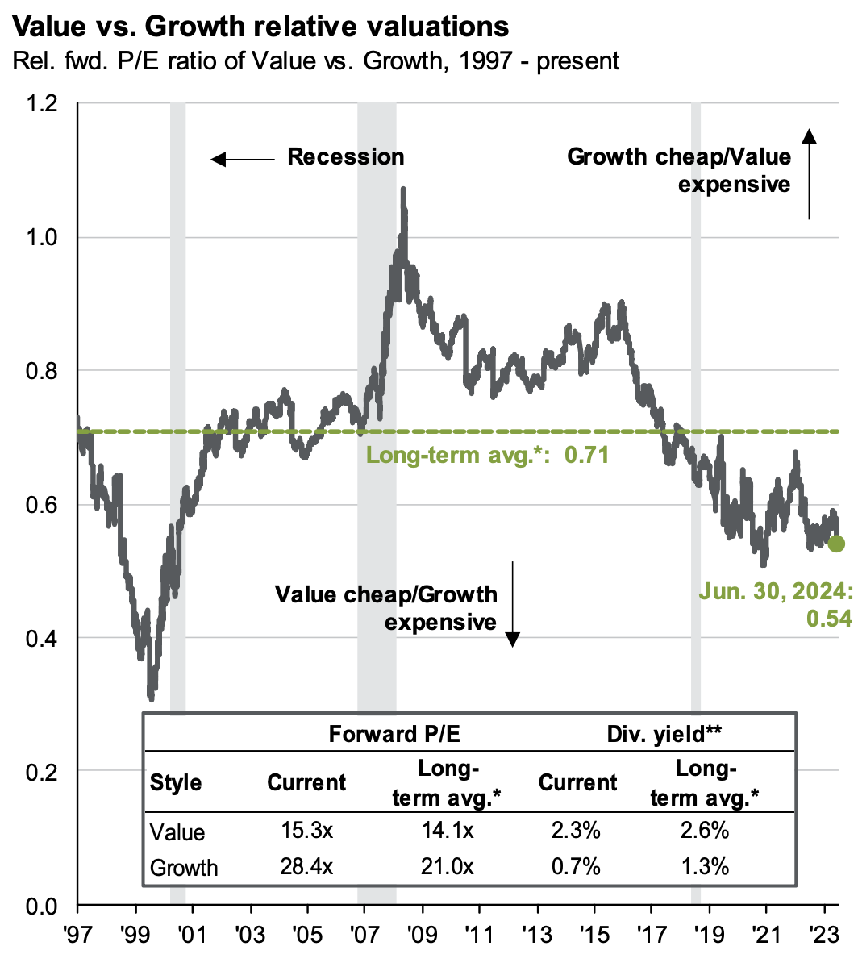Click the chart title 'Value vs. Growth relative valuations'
pos(262,26)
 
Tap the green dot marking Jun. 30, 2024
pos(836,544)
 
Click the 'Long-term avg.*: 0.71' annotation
pos(487,456)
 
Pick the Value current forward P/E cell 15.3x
pos(306,831)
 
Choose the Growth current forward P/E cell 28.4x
pos(306,867)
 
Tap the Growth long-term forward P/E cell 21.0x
pos(445,867)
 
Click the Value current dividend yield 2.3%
pos(577,831)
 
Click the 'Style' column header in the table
pos(176,783)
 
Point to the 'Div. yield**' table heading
pos(664,734)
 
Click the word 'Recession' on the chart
pos(346,156)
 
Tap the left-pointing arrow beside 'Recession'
pos(242,159)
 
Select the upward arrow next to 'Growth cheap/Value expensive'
pos(810,173)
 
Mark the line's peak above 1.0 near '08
pos(403,190)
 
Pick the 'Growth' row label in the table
pos(184,868)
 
